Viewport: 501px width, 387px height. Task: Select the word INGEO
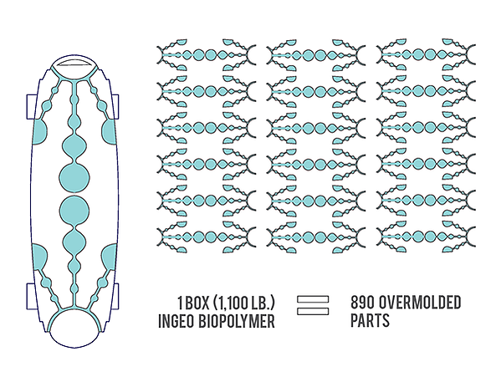coord(176,321)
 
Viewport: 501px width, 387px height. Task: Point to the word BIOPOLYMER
coord(237,321)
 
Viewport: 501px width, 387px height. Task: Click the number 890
coord(362,303)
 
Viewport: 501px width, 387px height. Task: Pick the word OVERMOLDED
coord(420,303)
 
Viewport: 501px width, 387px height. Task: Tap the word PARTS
coord(370,320)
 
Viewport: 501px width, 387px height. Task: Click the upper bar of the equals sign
coord(313,299)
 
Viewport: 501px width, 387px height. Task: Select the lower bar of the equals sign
coord(313,311)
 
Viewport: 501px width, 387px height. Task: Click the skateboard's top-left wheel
coord(31,107)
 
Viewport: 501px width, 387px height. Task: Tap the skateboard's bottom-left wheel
coord(30,296)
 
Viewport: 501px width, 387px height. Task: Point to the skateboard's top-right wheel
coord(115,107)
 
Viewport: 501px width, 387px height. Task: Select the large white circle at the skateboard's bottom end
coord(74,329)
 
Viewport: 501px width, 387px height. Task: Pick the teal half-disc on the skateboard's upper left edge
coord(39,131)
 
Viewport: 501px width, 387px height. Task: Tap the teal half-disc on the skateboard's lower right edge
coord(110,256)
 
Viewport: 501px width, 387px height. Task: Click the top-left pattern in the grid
coord(207,55)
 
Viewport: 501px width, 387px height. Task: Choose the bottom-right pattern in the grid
coord(426,237)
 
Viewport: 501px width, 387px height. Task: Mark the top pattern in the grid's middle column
coord(316,55)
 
